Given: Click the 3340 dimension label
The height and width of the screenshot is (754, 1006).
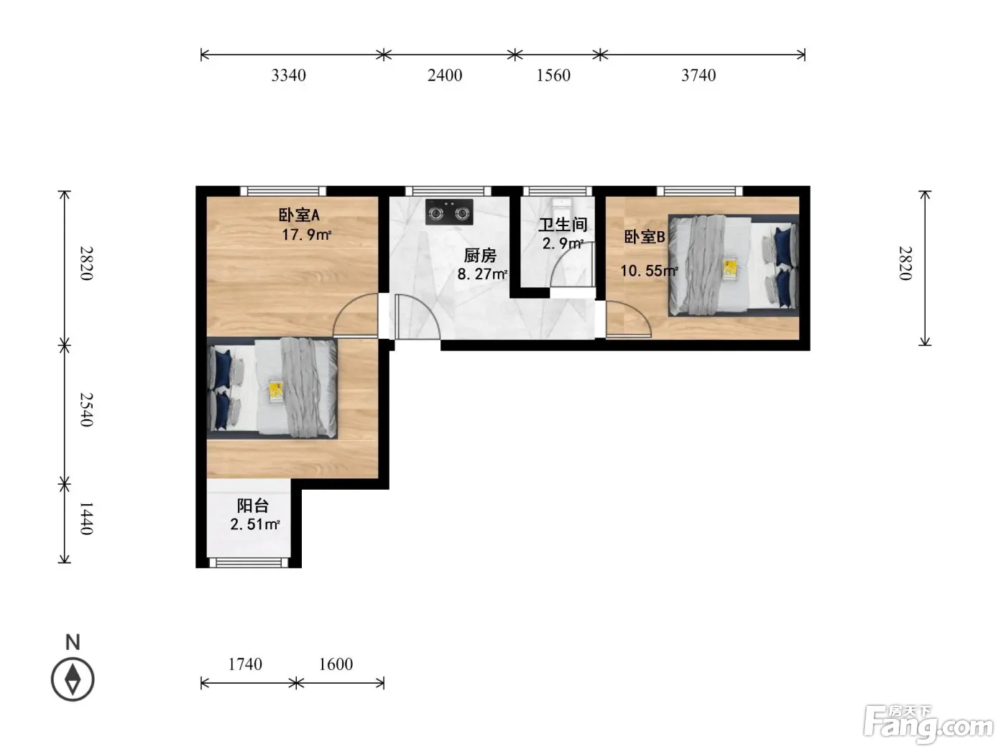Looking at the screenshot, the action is point(288,75).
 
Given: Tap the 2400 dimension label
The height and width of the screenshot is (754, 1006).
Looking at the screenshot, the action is point(445,75).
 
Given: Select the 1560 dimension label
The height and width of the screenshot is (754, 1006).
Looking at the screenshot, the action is point(553,75).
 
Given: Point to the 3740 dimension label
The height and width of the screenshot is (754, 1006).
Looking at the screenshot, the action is point(698,75).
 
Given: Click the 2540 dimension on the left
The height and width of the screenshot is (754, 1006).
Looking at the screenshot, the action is point(87,409).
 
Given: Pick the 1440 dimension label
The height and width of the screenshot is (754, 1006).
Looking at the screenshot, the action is point(87,518).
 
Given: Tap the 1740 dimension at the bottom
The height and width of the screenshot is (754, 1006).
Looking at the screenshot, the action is point(245,664).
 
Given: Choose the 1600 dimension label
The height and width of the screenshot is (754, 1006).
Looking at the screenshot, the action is point(336,664).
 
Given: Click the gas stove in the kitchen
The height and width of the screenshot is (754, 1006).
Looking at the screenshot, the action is point(449,212).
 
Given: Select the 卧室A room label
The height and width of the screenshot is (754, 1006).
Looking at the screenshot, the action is point(299,215).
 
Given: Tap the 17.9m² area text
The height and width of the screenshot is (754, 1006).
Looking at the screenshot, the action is point(306,235).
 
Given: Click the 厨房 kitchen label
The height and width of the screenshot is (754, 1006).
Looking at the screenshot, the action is point(480,255).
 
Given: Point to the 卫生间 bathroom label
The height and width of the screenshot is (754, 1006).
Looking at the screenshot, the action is point(563,224).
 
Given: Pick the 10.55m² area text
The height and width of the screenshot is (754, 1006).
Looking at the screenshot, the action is point(649,271).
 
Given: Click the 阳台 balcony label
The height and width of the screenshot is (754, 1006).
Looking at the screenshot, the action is point(252,506).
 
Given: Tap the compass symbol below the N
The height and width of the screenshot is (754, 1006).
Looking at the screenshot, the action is point(73,679).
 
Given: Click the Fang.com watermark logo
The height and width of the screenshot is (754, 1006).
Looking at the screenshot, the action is point(928,724).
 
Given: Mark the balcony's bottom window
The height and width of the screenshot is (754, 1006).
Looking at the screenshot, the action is point(249,563).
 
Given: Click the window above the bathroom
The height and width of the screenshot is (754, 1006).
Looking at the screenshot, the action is point(558,191).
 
